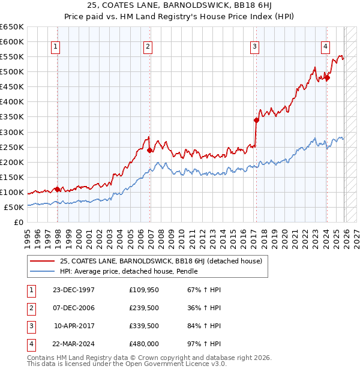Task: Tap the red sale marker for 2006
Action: point(149,150)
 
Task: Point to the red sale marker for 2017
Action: point(256,120)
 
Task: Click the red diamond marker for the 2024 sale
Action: point(327,77)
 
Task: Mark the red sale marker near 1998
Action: point(58,189)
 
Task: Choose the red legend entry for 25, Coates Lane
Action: point(161,261)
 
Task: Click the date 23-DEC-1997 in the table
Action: point(74,290)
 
